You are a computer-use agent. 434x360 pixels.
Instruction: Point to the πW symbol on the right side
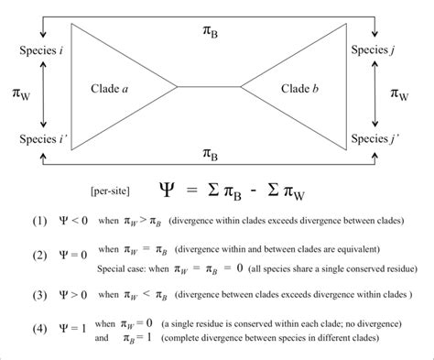click(401, 93)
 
